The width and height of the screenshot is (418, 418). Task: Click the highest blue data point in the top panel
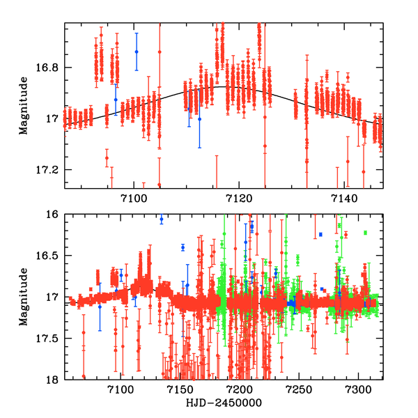point(137,52)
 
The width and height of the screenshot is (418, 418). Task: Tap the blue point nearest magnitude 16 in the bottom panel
point(162,219)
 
